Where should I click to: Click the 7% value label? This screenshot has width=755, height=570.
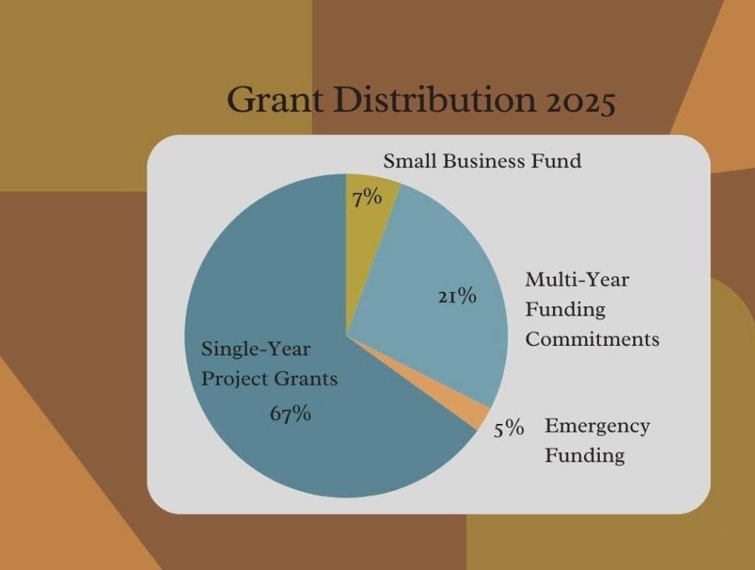click(x=367, y=198)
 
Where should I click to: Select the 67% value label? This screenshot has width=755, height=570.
click(x=290, y=414)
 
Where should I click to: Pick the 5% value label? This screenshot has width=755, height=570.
click(x=509, y=429)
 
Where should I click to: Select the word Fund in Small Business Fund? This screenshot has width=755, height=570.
click(x=562, y=162)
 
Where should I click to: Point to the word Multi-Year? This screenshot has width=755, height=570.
click(x=576, y=280)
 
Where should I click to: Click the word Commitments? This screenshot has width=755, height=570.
click(x=592, y=340)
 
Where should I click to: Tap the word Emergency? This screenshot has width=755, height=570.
click(x=597, y=426)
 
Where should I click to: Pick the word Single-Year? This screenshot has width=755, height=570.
click(x=255, y=348)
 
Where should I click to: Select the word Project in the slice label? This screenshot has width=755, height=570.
click(x=233, y=379)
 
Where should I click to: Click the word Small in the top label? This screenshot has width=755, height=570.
click(x=410, y=162)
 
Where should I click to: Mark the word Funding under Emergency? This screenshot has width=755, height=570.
click(x=584, y=455)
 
